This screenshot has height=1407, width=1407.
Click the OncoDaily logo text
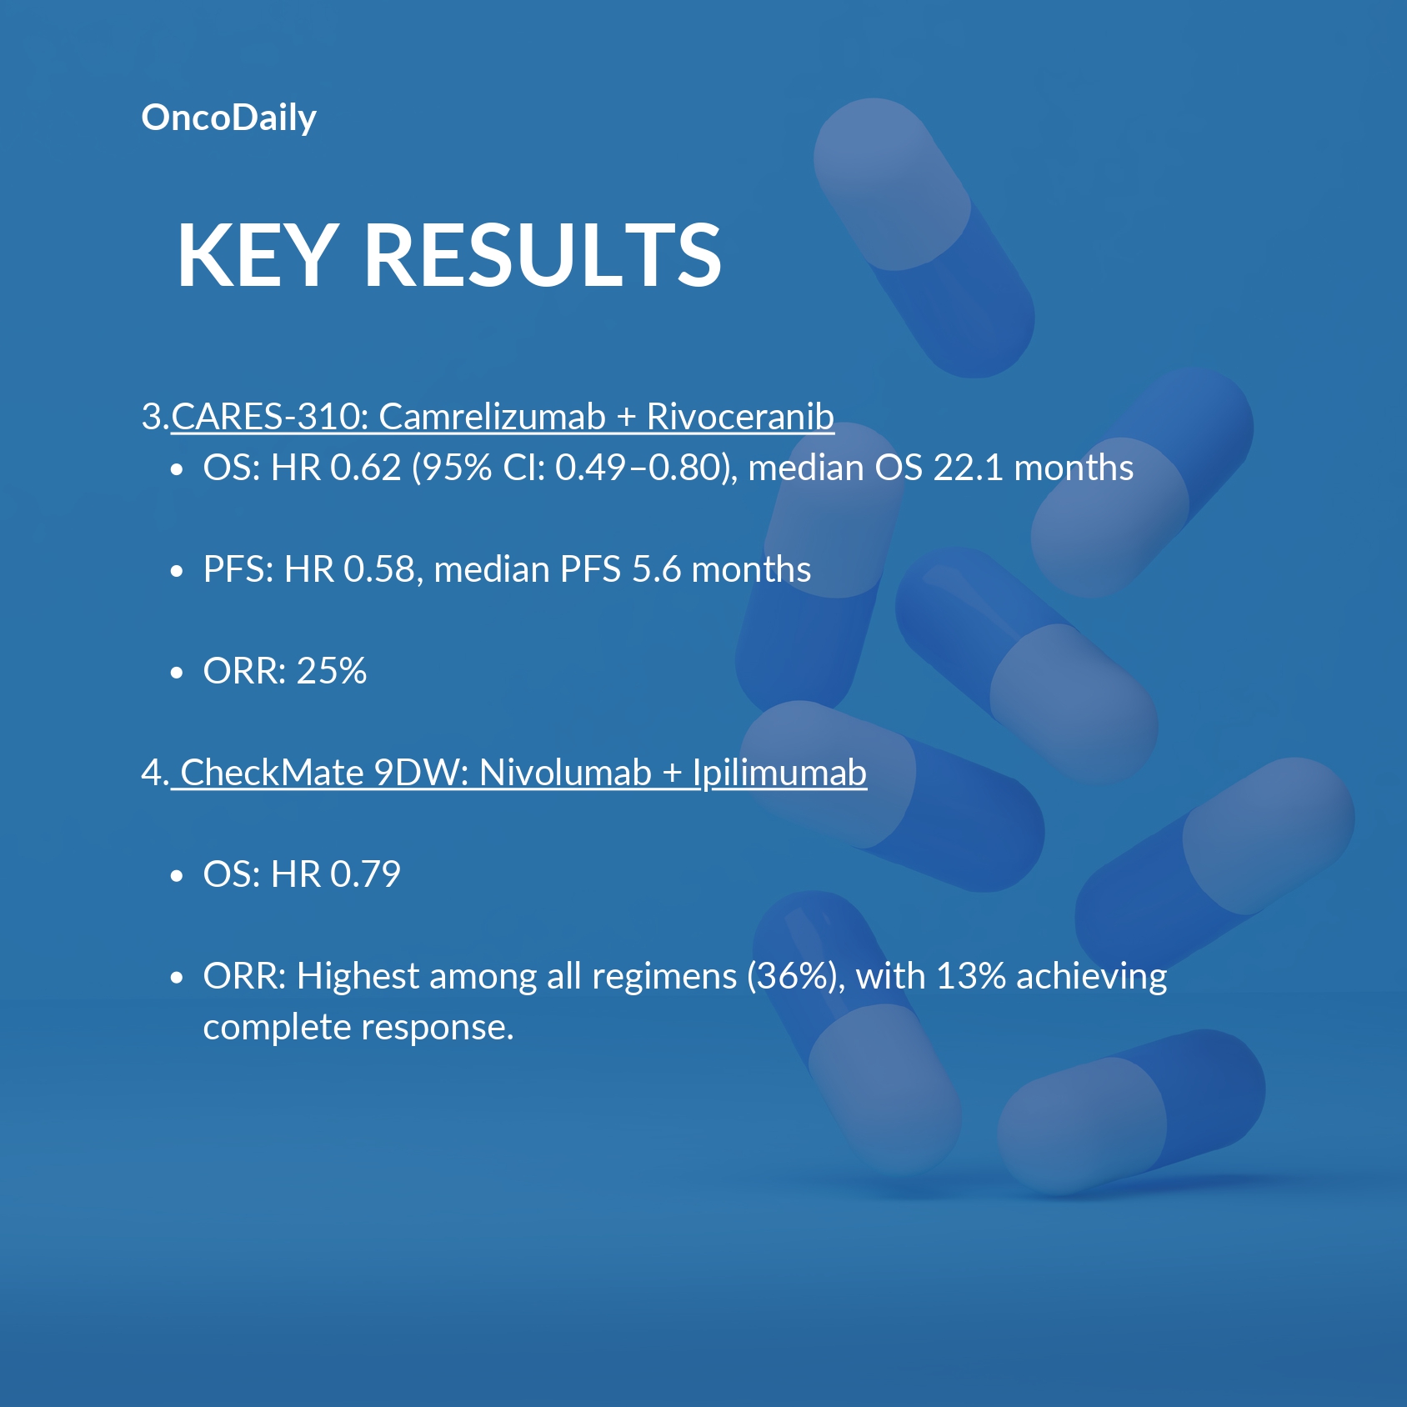pos(228,118)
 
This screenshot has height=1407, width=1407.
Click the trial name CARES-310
pos(270,417)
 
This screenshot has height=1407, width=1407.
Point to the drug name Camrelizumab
pos(492,417)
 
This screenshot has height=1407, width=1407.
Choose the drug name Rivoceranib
pos(740,417)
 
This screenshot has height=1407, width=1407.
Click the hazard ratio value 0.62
pos(366,468)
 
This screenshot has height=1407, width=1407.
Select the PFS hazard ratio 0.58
pos(379,569)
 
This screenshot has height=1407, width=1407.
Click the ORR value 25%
pos(332,671)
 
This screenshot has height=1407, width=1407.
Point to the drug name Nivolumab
pos(565,773)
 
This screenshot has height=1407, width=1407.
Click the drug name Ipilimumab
pos(779,773)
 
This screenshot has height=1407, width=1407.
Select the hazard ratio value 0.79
pos(366,874)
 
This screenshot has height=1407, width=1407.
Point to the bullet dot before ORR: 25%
pos(176,673)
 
